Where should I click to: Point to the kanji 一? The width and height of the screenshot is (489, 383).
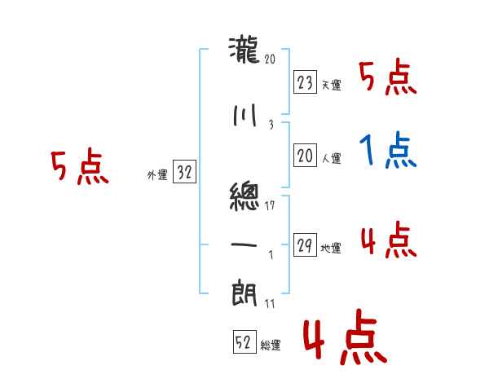pyautogui.click(x=244, y=244)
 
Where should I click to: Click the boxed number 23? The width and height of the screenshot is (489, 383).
pyautogui.click(x=305, y=83)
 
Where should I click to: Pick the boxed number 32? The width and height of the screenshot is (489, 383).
pyautogui.click(x=183, y=173)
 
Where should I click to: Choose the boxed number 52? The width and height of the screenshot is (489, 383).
pyautogui.click(x=243, y=343)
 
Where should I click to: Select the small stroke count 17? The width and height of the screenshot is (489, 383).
pyautogui.click(x=271, y=205)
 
